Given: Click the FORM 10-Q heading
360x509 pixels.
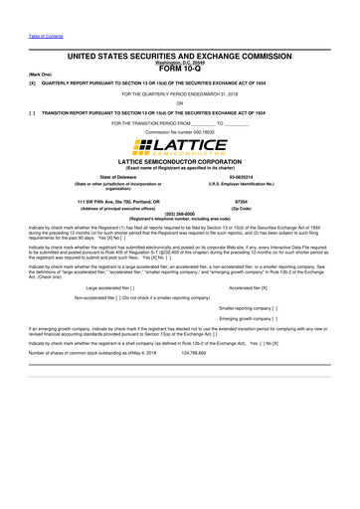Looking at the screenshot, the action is click(179, 69).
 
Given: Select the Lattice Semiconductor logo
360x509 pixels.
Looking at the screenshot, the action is click(179, 148).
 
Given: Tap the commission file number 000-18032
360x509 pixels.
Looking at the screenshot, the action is click(179, 131).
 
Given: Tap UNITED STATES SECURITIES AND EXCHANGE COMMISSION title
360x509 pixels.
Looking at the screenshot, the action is click(179, 58).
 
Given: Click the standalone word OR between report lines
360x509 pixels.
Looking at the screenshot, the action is click(179, 102).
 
